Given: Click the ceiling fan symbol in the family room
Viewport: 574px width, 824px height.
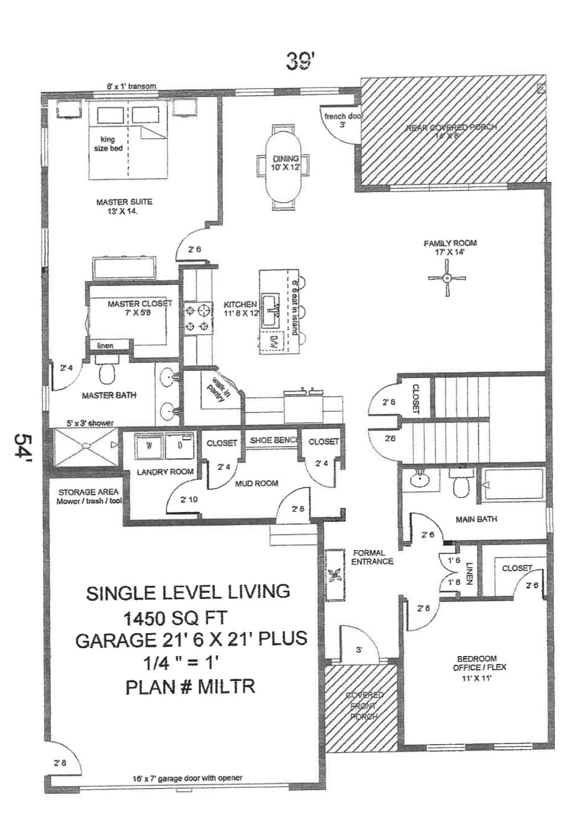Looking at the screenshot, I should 447,278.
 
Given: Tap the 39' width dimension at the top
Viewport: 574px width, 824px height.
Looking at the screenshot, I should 300,61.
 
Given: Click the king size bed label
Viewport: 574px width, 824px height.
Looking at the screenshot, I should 108,144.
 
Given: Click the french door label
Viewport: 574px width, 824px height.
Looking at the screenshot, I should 343,120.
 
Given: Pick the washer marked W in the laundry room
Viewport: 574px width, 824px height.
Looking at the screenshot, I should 149,446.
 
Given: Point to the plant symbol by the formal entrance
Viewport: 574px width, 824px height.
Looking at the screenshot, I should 335,575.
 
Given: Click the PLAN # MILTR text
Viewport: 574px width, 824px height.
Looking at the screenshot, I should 190,687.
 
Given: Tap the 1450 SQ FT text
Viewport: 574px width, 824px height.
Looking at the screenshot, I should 175,617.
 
